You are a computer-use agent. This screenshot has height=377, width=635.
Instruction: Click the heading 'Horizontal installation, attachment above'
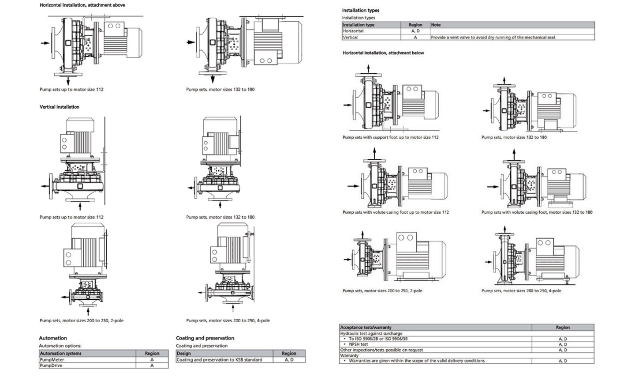coord(82,5)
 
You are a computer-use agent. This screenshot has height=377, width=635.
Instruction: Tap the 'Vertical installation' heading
coord(60,107)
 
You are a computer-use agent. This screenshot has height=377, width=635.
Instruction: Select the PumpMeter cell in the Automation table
coord(52,360)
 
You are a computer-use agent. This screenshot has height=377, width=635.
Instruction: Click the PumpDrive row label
coord(51,366)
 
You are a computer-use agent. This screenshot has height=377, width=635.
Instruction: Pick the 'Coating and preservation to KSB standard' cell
coord(220,360)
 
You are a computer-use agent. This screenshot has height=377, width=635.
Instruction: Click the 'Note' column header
coord(436,25)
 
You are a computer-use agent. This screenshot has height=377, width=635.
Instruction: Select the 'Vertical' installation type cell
coord(350,37)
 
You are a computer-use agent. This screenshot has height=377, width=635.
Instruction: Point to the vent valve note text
coord(493,37)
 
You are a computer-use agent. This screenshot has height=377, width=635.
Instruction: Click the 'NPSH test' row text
coord(359,344)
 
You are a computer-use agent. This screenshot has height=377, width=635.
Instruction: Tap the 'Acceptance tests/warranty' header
coord(366,327)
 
